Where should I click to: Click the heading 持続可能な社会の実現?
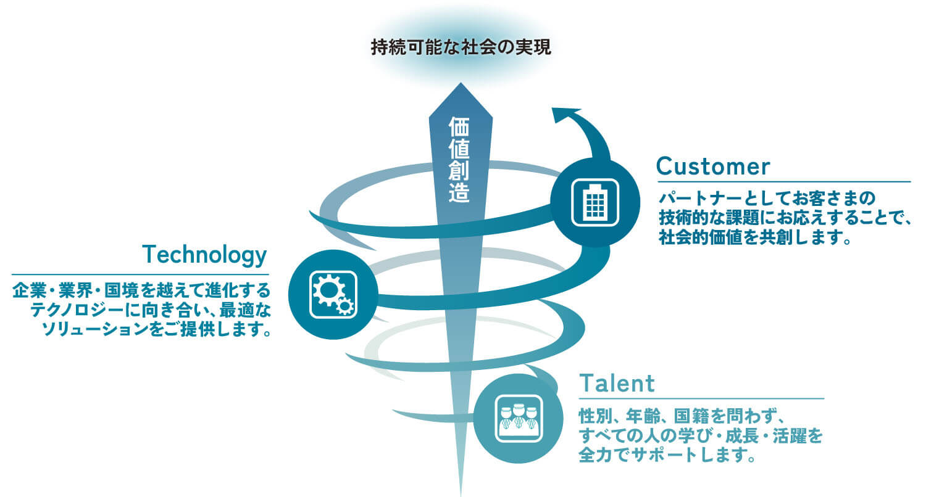point(461,47)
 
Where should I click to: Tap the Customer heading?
point(713,166)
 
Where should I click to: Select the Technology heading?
point(204,254)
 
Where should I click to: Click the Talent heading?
point(617,383)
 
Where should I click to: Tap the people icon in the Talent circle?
point(519,419)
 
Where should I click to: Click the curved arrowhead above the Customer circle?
point(565,115)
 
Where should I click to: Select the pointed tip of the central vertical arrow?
point(461,86)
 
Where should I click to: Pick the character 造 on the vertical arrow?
point(460,193)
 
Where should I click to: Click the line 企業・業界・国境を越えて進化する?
point(141,290)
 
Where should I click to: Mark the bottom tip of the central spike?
point(461,493)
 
